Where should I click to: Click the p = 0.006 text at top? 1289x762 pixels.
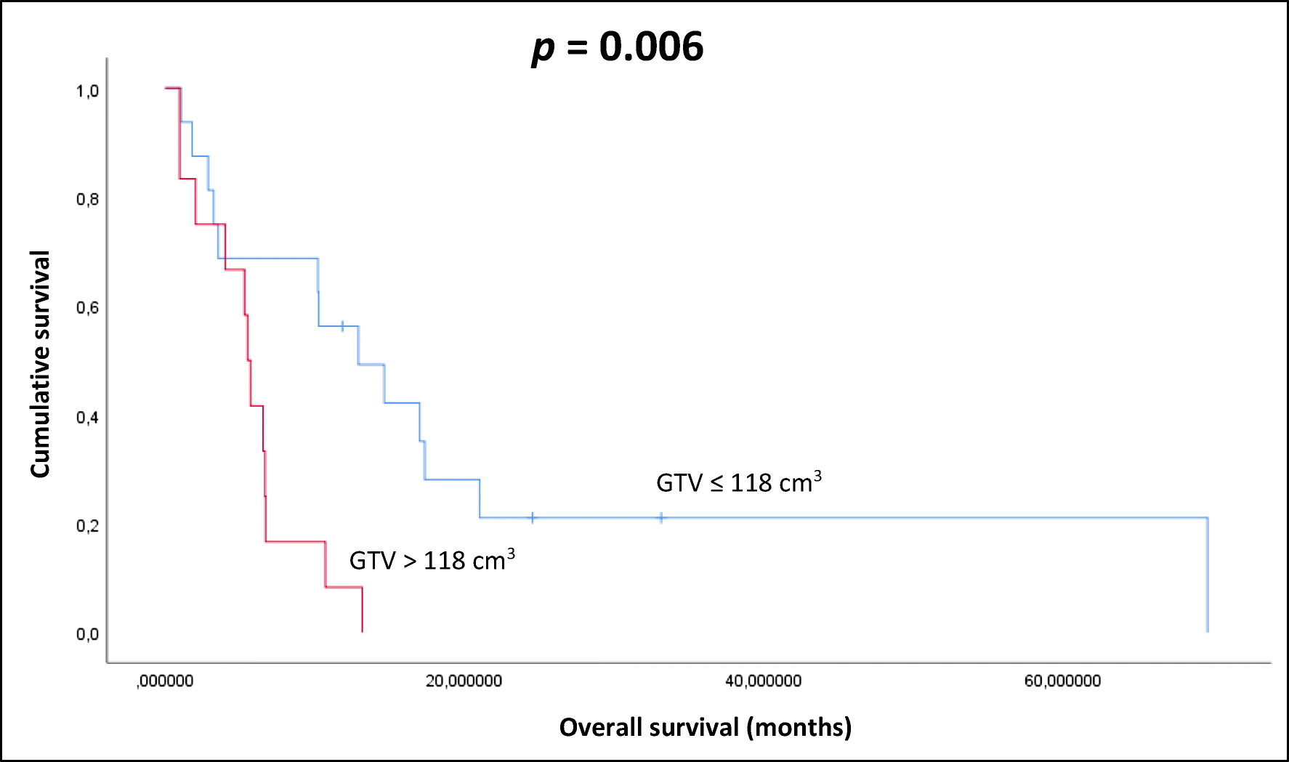point(618,47)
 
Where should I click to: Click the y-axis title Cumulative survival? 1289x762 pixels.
point(40,364)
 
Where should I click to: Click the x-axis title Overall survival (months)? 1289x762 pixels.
point(705,727)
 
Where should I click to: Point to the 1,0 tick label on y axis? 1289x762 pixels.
point(87,91)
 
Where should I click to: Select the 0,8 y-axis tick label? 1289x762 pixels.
point(87,199)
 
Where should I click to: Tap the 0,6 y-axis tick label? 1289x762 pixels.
point(87,308)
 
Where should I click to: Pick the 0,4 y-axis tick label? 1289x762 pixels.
point(87,417)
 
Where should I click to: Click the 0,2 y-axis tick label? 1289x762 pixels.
point(87,525)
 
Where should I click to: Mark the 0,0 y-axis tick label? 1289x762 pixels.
point(87,634)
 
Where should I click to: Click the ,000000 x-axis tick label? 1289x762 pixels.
point(165,681)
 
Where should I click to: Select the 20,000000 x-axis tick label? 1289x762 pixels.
point(464,681)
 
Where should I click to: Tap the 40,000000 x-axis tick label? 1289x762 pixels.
point(763,681)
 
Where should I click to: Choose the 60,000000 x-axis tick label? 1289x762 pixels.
point(1062,681)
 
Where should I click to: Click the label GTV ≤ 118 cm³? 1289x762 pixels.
point(738,482)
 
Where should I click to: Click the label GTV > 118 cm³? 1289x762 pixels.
point(432,560)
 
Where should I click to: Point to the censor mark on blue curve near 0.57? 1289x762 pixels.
point(342,326)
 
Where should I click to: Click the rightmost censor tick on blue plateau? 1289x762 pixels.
point(661,518)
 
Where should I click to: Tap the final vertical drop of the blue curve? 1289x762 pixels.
point(1207,574)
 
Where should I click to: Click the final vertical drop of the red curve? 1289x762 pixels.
point(362,610)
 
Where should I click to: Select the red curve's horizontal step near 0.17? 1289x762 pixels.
point(295,541)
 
